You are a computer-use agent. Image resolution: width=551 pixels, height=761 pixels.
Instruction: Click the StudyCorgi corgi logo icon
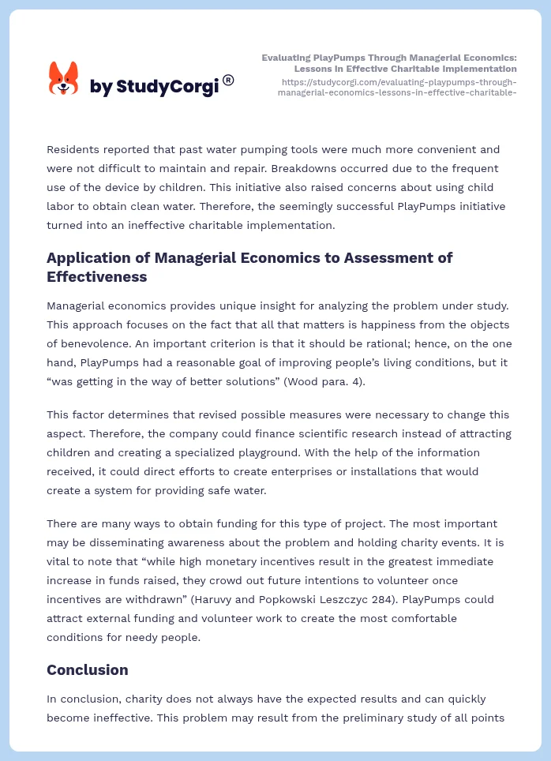64,78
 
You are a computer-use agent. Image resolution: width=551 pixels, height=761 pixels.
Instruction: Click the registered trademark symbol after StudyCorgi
228,80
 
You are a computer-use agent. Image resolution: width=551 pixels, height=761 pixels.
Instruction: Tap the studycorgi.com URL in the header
398,87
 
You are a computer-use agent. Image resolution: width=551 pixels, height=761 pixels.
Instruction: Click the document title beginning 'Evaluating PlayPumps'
389,63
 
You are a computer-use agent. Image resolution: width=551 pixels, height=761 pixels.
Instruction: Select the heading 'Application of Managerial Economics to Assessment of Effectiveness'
249,267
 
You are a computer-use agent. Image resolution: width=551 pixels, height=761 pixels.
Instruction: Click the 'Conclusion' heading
87,669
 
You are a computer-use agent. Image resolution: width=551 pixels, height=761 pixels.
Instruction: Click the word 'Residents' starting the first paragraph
75,149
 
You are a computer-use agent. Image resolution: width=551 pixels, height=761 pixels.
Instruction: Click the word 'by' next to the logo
100,87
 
